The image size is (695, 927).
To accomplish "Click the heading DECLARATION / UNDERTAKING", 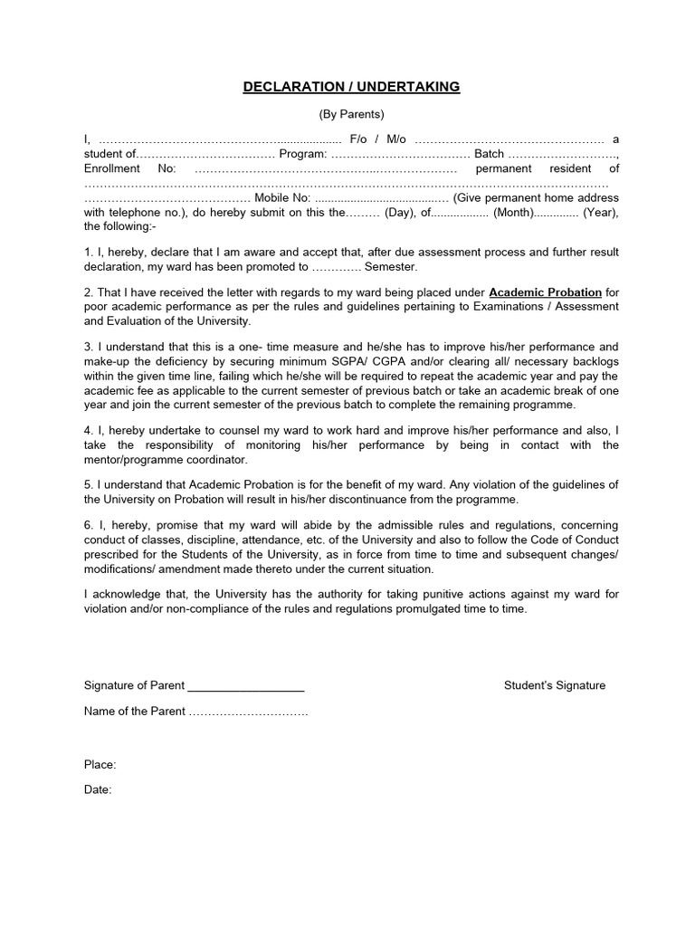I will (351, 87).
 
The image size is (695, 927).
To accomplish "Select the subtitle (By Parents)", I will (351, 114).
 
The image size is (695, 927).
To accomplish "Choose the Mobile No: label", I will (282, 197).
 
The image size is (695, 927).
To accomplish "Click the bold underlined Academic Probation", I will (545, 292).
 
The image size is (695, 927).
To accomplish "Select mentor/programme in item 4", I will (129, 459).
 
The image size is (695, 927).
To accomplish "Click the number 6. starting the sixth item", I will (89, 525).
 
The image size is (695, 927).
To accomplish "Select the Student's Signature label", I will (554, 685).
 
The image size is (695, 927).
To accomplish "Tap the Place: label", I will (100, 765).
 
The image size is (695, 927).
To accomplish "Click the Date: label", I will (98, 789).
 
